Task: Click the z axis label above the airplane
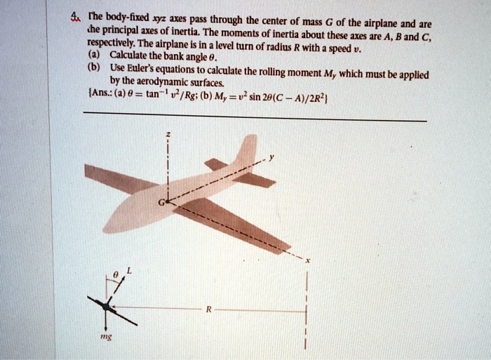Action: pyautogui.click(x=168, y=134)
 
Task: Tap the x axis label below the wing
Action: pyautogui.click(x=307, y=261)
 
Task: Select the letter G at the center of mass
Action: pyautogui.click(x=161, y=203)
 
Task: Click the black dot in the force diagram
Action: pyautogui.click(x=106, y=307)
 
